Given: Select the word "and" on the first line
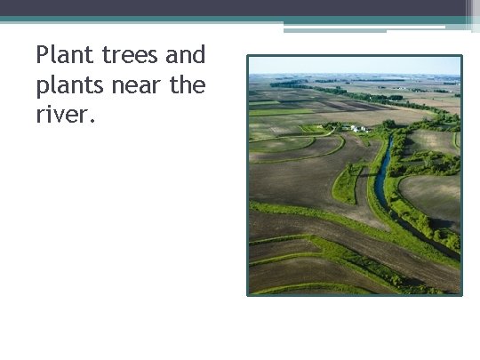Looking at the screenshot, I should (x=185, y=55).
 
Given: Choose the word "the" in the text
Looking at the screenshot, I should (x=187, y=86).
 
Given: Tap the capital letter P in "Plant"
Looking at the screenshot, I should (x=43, y=55).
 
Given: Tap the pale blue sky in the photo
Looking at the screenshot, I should (x=356, y=66).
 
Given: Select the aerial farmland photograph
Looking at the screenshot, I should (x=355, y=175).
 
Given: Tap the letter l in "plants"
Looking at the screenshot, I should (x=53, y=85).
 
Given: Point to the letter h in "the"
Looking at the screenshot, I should (x=187, y=85).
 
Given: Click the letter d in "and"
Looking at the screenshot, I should (x=198, y=55).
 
